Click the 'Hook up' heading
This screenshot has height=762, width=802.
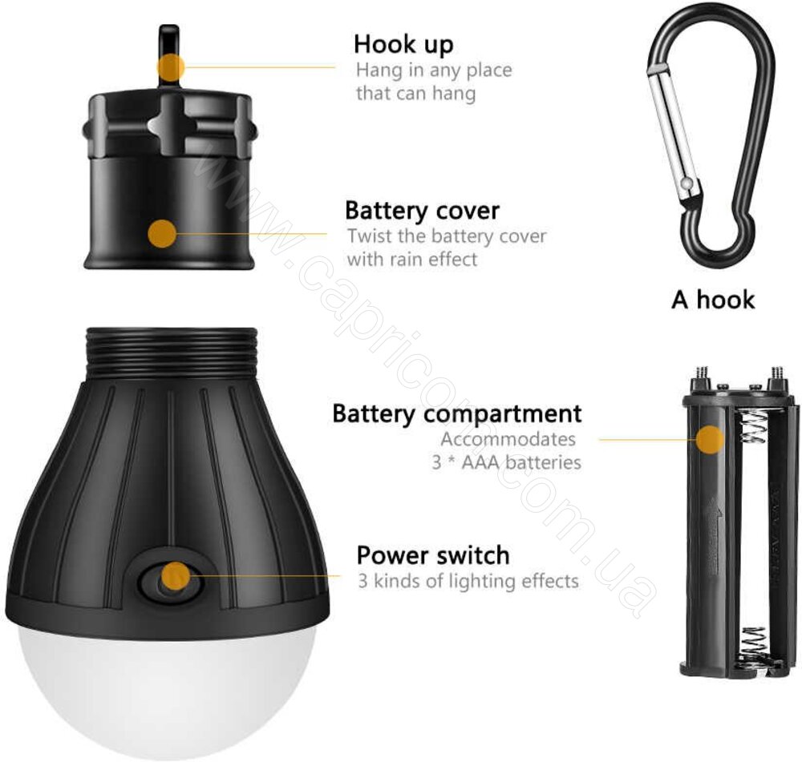(403, 44)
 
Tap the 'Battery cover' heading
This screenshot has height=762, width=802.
(422, 211)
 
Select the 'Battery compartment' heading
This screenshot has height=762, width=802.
(457, 413)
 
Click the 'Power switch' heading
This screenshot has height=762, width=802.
(433, 555)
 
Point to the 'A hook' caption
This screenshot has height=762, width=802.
(713, 300)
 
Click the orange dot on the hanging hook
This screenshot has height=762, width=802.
(171, 67)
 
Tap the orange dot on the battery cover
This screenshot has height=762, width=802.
(162, 233)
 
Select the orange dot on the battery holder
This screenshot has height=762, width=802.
(711, 440)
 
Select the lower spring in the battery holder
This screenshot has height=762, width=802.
(752, 646)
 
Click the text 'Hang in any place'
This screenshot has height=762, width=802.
(434, 70)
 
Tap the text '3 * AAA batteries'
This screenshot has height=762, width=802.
(506, 462)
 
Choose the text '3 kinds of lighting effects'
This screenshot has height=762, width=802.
(468, 581)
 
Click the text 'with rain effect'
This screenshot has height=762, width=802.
(411, 259)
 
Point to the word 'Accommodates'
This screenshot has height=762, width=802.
(508, 439)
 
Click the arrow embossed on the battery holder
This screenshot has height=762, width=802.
(712, 537)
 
